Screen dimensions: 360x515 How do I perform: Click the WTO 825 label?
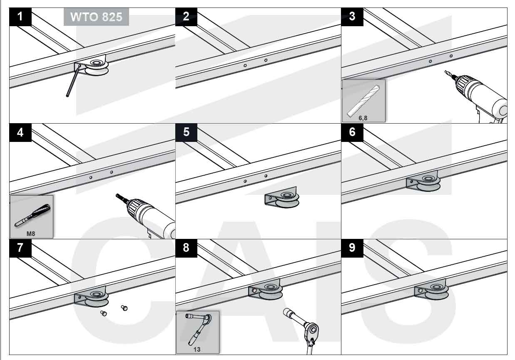[96, 17]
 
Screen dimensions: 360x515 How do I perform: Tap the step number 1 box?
[20, 17]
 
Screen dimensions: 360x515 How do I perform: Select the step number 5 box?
[186, 132]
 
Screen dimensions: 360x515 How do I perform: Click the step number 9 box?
[352, 248]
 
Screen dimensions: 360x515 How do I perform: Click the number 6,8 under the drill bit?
[363, 118]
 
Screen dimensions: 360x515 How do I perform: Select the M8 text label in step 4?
[31, 233]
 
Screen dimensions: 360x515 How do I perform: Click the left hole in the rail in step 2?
[245, 65]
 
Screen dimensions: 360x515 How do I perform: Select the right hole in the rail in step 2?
[266, 60]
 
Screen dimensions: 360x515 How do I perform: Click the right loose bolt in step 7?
[124, 308]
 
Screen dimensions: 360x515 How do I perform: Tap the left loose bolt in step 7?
[103, 313]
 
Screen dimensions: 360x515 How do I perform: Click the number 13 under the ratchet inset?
[197, 349]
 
